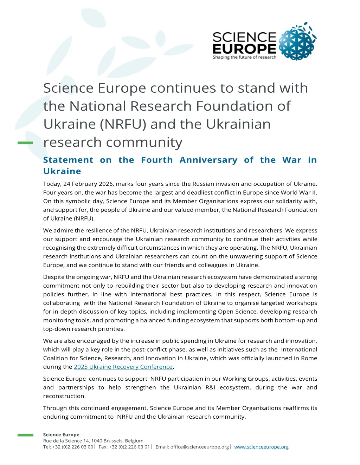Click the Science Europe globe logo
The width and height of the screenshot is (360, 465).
(297, 41)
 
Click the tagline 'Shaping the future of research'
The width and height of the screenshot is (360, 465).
(244, 57)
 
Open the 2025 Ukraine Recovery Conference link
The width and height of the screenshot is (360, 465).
(123, 367)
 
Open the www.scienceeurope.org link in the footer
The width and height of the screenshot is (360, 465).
(261, 447)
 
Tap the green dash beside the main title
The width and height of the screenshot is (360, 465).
(25, 143)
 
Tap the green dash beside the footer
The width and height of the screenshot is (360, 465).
(25, 435)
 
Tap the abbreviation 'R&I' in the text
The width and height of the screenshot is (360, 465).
(210, 387)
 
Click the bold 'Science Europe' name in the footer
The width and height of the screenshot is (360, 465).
(61, 435)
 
